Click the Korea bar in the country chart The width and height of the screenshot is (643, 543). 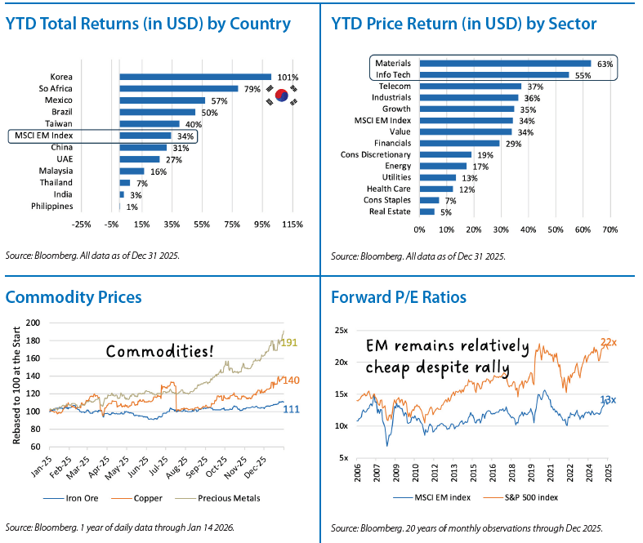pos(194,77)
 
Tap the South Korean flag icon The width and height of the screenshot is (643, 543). pos(281,96)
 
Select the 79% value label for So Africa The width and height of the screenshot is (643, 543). pos(252,89)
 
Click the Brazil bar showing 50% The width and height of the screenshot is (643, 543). pos(157,112)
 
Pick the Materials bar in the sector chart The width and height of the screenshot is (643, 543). pos(504,63)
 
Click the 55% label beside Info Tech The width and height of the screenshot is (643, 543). pos(583,74)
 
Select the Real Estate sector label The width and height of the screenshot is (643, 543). pos(391,211)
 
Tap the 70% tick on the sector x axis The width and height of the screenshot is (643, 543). pos(610,230)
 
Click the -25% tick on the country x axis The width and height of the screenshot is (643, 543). pos(81,224)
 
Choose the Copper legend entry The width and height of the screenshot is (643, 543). pos(143,497)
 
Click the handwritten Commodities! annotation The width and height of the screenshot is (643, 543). pos(161,351)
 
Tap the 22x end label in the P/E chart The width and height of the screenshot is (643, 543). pos(609,342)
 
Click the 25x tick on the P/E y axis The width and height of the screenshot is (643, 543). pos(341,331)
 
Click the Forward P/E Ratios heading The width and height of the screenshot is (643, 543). pos(399,297)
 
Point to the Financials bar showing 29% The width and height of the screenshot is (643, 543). pos(467,143)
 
